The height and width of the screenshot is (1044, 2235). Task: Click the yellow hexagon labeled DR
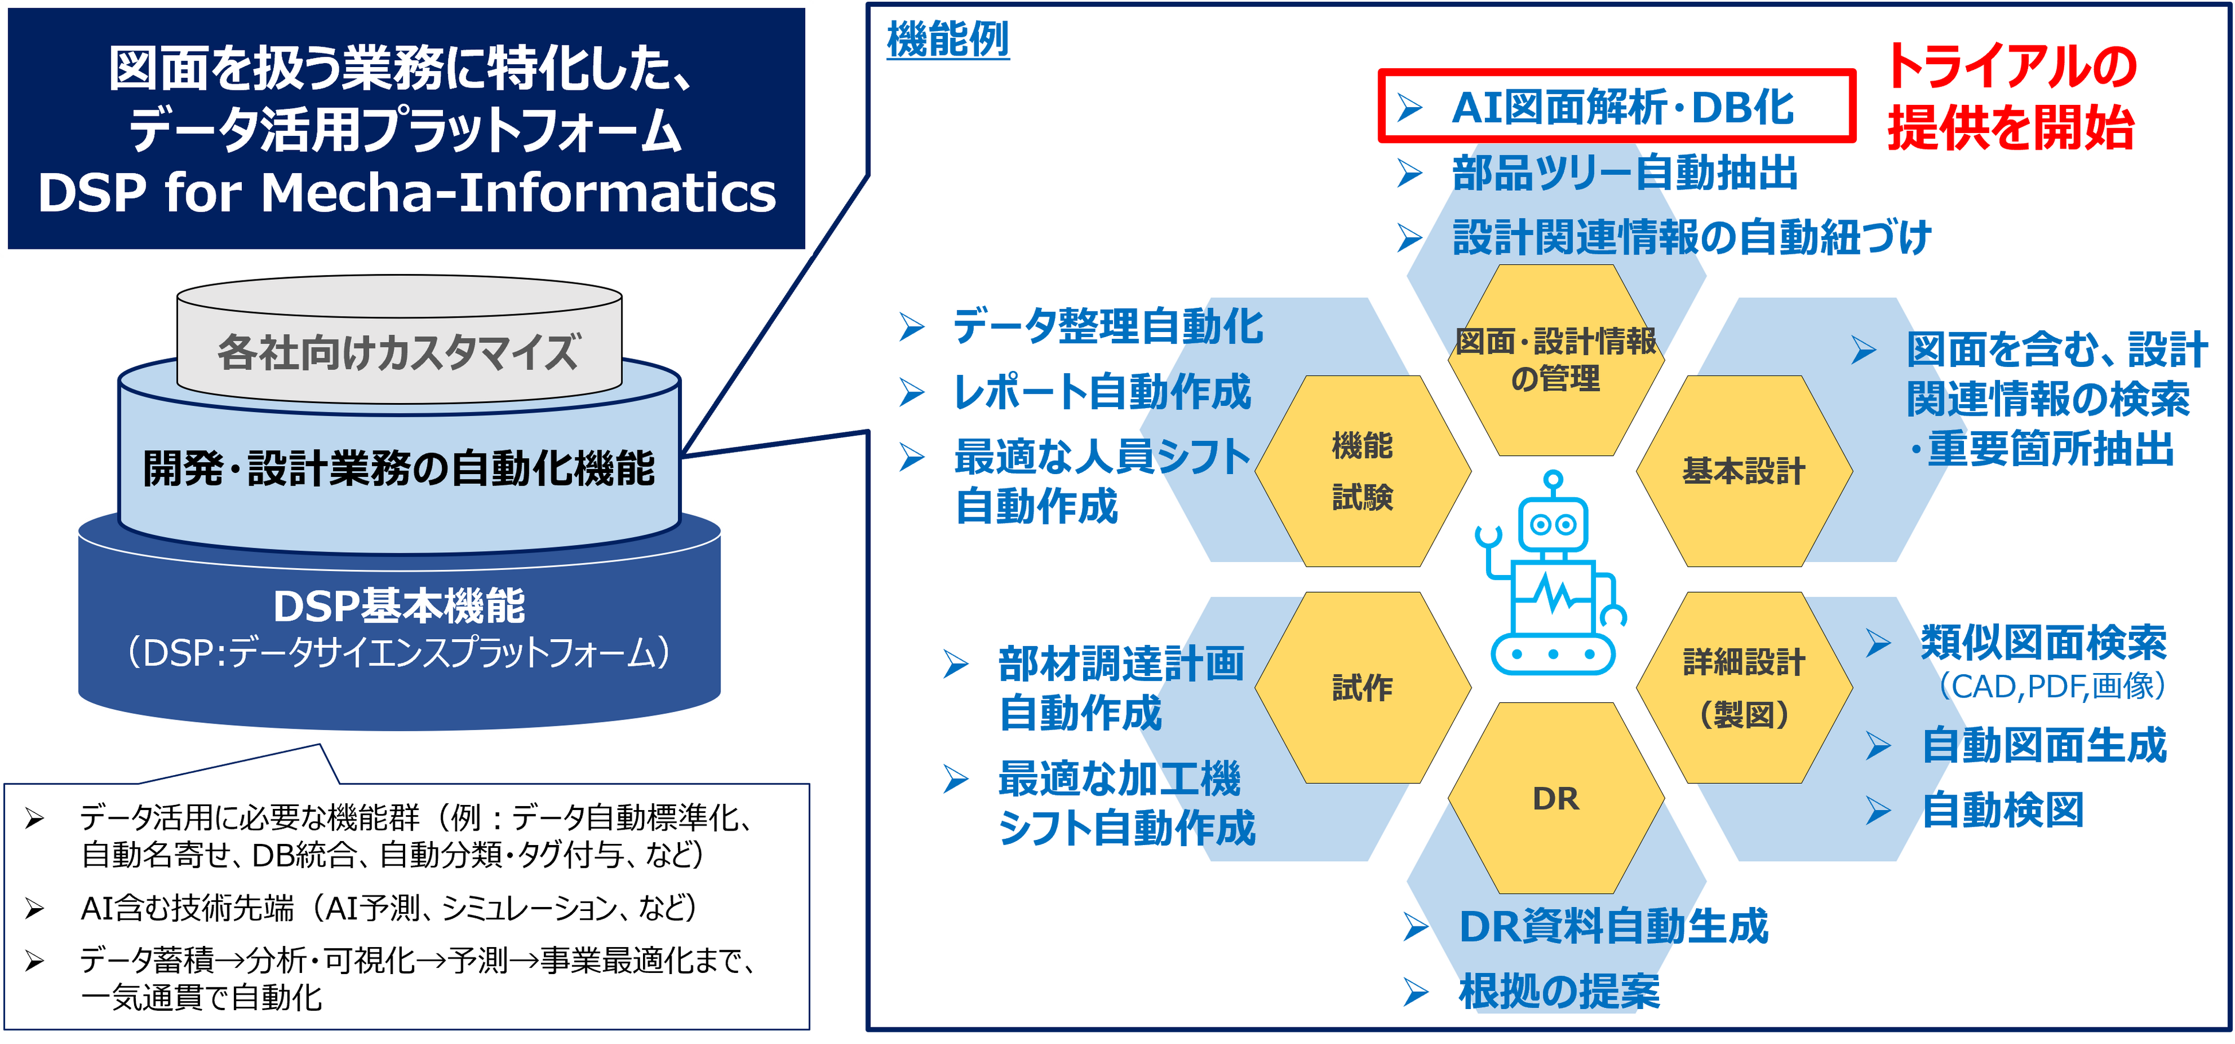click(x=1556, y=799)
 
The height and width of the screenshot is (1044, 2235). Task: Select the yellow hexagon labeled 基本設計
click(x=1744, y=471)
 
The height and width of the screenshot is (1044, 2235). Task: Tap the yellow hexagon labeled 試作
click(x=1362, y=688)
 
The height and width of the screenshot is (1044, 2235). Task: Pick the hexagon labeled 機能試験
click(x=1362, y=471)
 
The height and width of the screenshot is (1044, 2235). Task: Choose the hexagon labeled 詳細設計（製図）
click(x=1744, y=688)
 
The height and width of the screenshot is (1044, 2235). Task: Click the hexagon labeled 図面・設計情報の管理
click(x=1556, y=360)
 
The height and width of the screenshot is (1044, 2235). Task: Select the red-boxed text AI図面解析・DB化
click(x=1622, y=108)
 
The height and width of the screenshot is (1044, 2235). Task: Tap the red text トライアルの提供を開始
click(x=2011, y=97)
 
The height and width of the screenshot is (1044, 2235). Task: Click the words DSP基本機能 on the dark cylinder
click(x=399, y=606)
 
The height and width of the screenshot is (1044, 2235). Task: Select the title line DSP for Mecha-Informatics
click(x=406, y=193)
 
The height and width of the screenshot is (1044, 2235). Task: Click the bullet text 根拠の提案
click(x=1559, y=991)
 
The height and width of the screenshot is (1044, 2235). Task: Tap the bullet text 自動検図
click(x=2002, y=811)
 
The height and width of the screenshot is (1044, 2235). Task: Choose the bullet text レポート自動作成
click(x=1102, y=392)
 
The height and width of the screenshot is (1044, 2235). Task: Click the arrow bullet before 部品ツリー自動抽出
click(x=1409, y=174)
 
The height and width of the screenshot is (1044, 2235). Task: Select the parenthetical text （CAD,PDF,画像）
click(x=2053, y=686)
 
